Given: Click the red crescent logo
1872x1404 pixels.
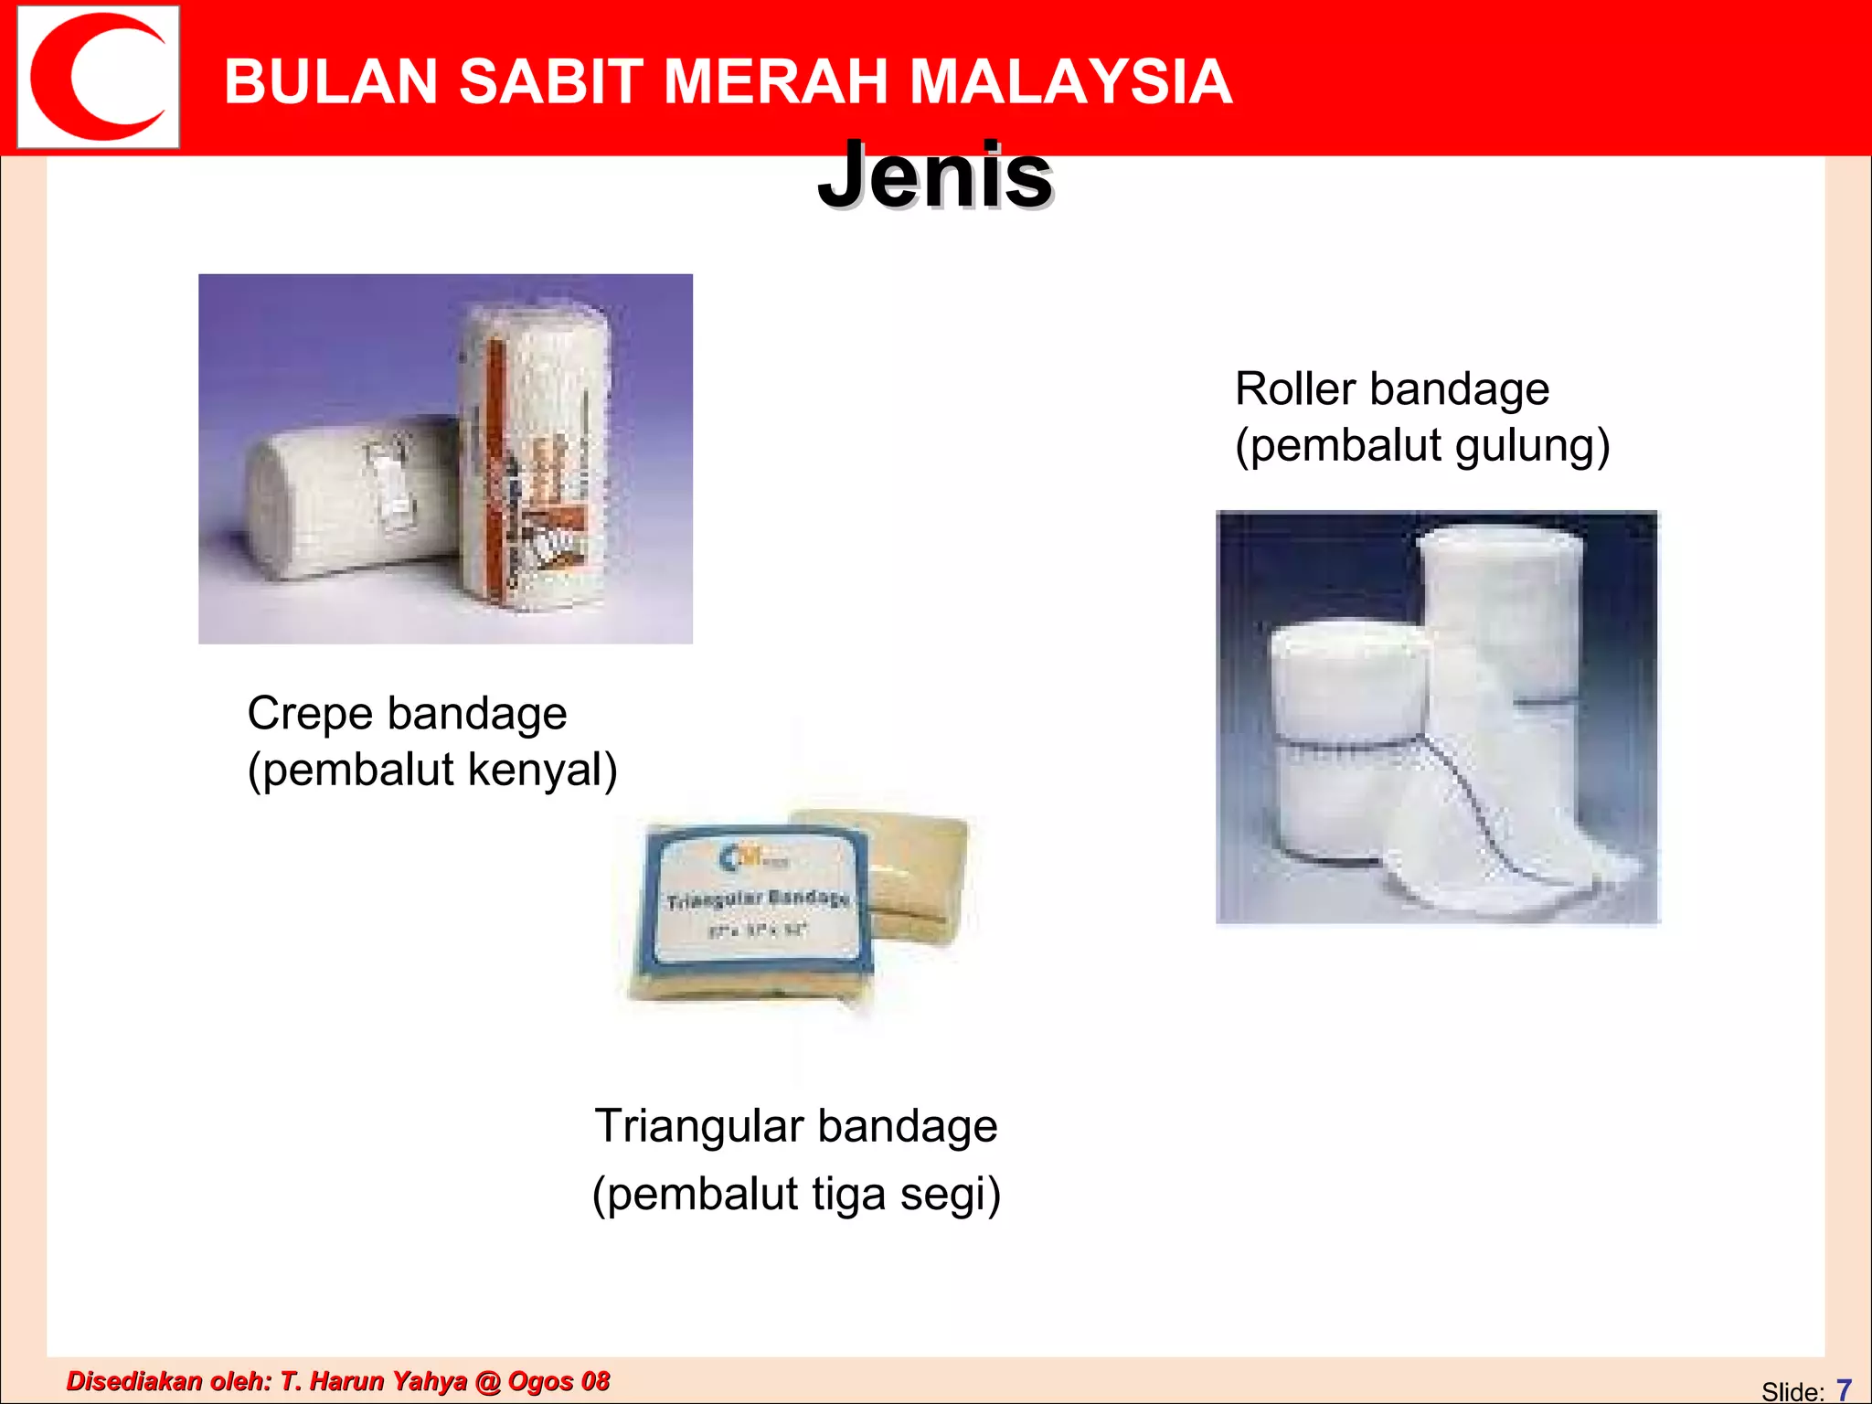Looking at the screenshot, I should pos(98,77).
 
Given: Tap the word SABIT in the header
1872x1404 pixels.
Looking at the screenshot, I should pos(550,81).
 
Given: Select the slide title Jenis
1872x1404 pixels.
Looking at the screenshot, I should pos(935,175).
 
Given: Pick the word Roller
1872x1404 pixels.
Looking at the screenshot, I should pos(1294,389).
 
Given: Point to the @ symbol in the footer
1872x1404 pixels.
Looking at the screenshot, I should pos(487,1382).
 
